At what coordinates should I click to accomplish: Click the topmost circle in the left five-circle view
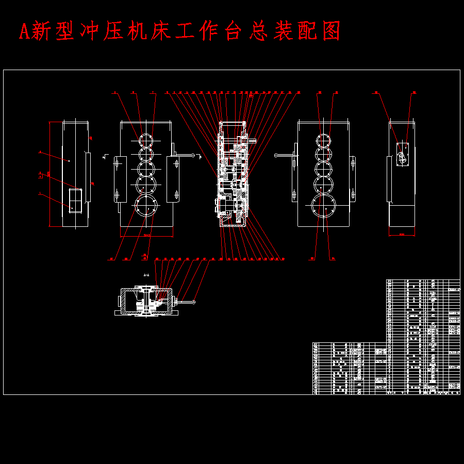(x=145, y=139)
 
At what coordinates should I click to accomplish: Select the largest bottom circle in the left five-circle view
(x=146, y=207)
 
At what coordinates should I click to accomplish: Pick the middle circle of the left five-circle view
(x=146, y=168)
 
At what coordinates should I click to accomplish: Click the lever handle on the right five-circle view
(x=277, y=155)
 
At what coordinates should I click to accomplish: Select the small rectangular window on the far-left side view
(x=76, y=200)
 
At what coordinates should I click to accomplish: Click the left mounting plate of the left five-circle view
(x=120, y=179)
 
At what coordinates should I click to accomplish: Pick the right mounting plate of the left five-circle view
(x=173, y=179)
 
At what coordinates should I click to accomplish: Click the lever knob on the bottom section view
(x=194, y=302)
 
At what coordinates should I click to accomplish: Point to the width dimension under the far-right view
(x=402, y=235)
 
